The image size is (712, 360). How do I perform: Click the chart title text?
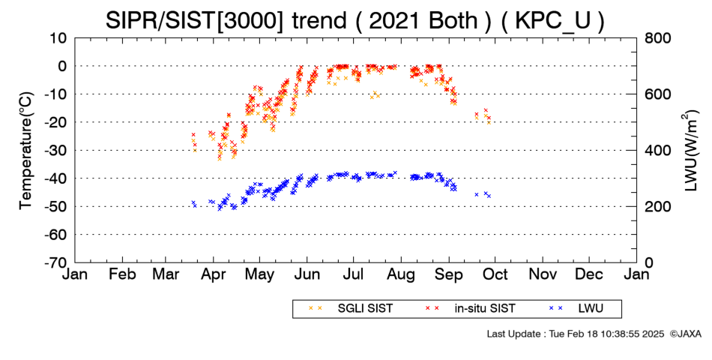[x=355, y=20]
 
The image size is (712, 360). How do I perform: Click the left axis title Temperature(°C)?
[x=26, y=151]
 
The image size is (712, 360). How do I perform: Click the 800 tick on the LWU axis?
[x=658, y=38]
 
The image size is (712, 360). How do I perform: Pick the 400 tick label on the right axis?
[x=658, y=151]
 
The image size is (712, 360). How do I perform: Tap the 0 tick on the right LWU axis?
[x=649, y=262]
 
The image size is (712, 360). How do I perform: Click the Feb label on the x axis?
[x=122, y=274]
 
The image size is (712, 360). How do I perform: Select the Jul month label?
[x=353, y=274]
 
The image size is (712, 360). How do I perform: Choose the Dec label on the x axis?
[x=589, y=274]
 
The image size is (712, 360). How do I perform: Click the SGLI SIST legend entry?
[x=365, y=309]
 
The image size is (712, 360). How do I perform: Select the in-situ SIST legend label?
[x=485, y=309]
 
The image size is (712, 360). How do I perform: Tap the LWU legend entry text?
[x=591, y=309]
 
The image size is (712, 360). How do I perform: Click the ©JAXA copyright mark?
[x=685, y=334]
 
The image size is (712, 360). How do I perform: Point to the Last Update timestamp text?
[x=576, y=334]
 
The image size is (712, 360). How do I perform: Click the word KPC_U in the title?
[x=552, y=20]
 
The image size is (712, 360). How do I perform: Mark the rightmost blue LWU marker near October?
[x=489, y=196]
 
